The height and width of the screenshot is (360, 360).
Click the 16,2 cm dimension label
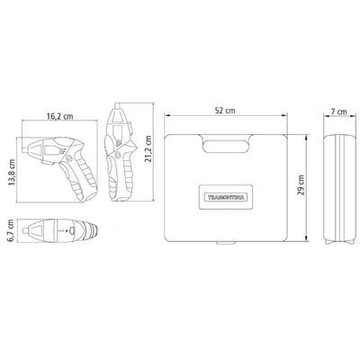59,116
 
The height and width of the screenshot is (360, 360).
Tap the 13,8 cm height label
12,173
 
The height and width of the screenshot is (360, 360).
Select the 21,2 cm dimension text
148,149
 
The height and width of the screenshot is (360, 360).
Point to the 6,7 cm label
11,230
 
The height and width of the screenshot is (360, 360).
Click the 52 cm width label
225,111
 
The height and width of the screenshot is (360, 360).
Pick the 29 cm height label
301,185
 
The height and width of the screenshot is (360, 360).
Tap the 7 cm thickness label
338,112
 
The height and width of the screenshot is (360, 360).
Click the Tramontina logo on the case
226,197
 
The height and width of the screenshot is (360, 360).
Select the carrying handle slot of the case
226,146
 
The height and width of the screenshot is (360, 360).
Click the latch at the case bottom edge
226,243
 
